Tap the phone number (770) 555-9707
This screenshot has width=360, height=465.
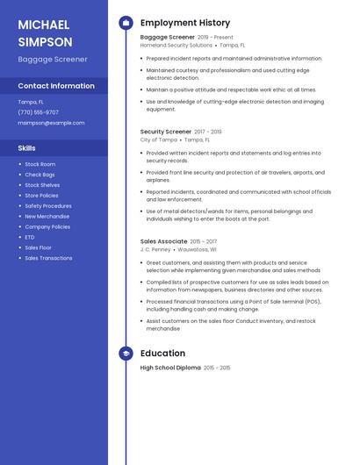38,112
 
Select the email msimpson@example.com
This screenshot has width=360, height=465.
51,123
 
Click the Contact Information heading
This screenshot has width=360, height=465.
56,86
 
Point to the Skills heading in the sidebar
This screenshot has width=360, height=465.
27,148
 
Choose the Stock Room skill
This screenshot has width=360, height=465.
40,164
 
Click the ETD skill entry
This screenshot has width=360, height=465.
30,237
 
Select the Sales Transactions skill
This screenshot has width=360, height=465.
48,258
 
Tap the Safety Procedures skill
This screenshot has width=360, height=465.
47,205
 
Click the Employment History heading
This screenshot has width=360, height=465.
184,23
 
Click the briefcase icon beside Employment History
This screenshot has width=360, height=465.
126,23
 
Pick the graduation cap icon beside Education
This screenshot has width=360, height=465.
126,354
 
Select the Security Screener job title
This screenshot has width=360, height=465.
165,132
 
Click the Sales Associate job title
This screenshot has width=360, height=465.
163,241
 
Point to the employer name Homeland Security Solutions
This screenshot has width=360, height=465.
176,45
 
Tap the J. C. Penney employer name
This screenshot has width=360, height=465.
155,249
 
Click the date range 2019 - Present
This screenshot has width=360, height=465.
215,38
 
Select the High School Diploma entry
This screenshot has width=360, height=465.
170,368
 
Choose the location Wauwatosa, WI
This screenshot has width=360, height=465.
202,249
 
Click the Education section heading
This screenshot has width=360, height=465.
162,354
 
